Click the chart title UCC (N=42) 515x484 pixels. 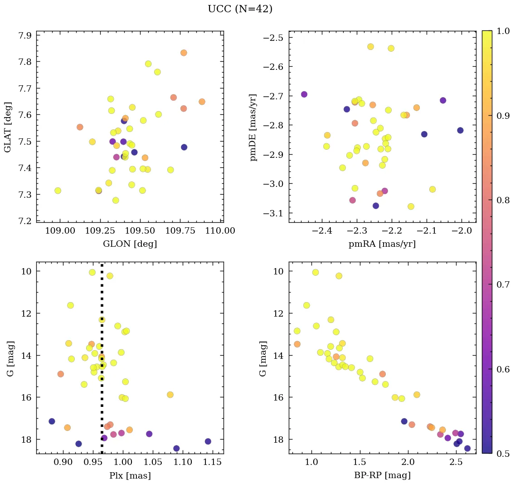[x=240, y=9]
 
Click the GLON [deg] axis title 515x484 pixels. [x=130, y=244]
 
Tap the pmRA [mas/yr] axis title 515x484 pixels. [x=382, y=244]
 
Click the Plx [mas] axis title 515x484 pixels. [x=130, y=476]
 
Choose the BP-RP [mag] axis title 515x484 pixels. [x=382, y=476]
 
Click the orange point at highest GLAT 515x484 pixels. [x=184, y=53]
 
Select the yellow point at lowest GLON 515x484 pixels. [x=58, y=191]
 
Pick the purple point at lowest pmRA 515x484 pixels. [x=304, y=94]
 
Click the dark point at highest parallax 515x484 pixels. [x=208, y=441]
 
